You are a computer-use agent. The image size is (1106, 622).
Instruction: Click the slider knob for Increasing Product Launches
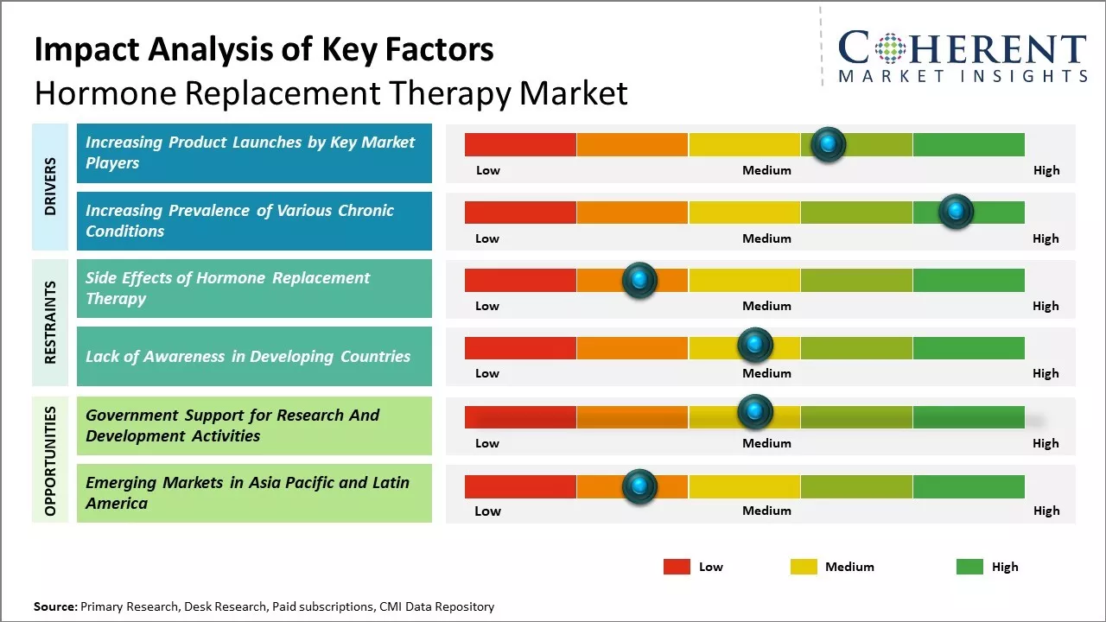829,144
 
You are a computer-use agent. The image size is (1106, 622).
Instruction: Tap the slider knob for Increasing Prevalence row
956,212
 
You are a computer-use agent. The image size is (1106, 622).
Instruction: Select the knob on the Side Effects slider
639,280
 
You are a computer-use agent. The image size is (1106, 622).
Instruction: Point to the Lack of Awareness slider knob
755,346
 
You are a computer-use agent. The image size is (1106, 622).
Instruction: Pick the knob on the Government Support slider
755,412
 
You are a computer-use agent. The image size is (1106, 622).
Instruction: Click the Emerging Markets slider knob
639,486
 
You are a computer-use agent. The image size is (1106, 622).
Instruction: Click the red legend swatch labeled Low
677,567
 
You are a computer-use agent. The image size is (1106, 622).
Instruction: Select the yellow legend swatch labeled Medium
804,567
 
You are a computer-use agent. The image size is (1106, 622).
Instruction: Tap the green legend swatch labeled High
969,567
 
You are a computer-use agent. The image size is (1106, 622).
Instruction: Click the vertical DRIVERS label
50,187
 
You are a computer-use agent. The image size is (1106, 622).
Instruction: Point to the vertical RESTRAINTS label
50,321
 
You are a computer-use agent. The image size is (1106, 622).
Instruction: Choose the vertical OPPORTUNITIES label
50,460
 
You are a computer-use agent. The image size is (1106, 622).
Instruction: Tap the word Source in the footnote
54,606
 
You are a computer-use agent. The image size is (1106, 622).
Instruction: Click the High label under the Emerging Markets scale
1046,511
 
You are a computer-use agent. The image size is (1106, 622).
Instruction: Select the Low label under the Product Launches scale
488,170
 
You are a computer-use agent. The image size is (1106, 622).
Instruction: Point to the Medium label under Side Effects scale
766,306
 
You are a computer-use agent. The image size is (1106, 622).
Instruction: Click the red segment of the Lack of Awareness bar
520,347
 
